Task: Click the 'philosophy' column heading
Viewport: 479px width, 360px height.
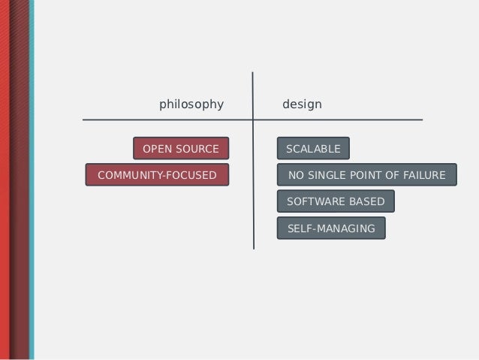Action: pyautogui.click(x=191, y=104)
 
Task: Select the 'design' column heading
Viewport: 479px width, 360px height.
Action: pyautogui.click(x=302, y=104)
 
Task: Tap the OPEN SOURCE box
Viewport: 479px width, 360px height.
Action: pyautogui.click(x=181, y=149)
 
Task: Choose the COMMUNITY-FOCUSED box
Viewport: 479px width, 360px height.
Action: pyautogui.click(x=157, y=175)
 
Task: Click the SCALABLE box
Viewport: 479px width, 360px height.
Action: pyautogui.click(x=313, y=149)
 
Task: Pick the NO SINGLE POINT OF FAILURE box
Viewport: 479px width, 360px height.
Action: pyautogui.click(x=366, y=175)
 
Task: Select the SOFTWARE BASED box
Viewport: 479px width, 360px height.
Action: pyautogui.click(x=336, y=201)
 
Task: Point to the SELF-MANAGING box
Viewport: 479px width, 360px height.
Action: pyautogui.click(x=331, y=228)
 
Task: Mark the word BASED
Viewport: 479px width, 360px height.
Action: pyautogui.click(x=368, y=201)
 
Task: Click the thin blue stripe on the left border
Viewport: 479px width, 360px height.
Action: pyautogui.click(x=30, y=180)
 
